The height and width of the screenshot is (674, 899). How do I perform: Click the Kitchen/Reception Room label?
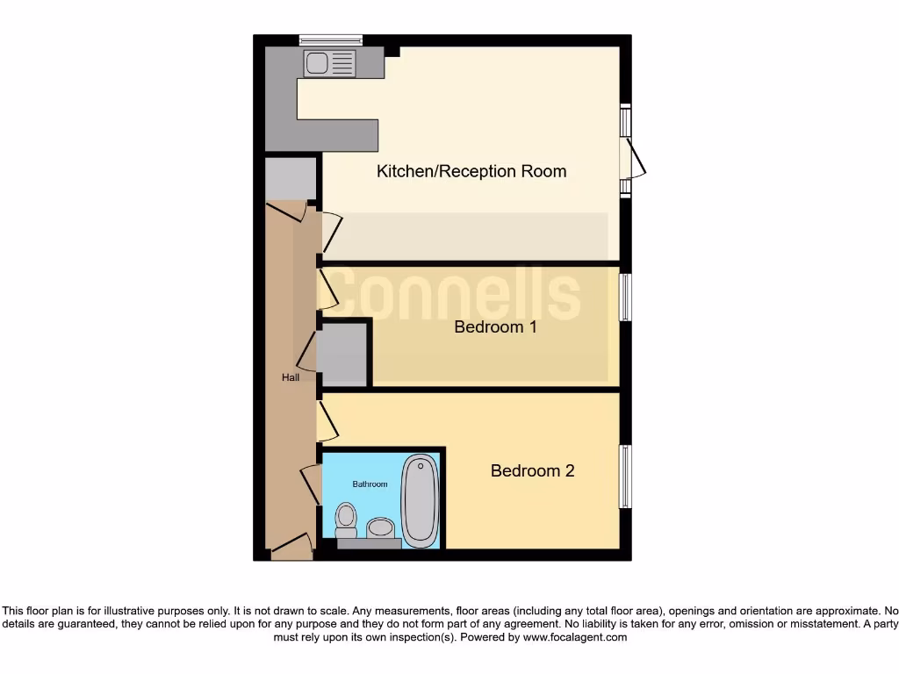click(471, 171)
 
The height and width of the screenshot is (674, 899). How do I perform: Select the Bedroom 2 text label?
click(532, 471)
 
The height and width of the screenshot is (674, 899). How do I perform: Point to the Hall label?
click(291, 377)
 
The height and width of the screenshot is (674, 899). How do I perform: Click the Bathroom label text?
click(370, 484)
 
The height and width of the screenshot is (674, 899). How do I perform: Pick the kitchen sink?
click(330, 63)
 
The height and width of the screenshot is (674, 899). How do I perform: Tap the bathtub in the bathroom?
click(420, 498)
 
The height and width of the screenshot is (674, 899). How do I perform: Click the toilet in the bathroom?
click(346, 519)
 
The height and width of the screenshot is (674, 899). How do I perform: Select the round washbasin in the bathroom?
click(380, 527)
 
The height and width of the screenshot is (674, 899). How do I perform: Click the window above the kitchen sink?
click(330, 39)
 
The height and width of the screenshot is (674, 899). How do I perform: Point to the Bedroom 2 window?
click(626, 477)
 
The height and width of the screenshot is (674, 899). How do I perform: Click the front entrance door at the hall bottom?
click(291, 548)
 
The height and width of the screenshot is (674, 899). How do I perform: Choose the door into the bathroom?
click(310, 484)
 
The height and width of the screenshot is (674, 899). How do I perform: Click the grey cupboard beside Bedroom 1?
click(342, 355)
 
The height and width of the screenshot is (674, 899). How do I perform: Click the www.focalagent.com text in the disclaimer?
click(575, 638)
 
